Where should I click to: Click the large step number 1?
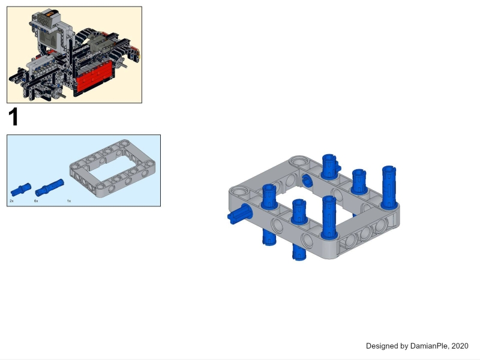point(13,117)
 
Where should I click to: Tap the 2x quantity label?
point(11,201)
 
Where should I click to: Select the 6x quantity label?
point(36,201)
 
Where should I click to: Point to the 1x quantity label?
point(69,201)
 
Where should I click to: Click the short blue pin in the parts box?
point(21,190)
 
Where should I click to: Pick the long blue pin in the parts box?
point(50,187)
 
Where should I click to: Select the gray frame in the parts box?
point(112,168)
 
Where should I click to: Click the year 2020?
point(460,346)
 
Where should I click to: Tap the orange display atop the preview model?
point(50,13)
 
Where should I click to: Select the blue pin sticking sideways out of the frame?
point(239,214)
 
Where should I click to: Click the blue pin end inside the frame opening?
point(307,180)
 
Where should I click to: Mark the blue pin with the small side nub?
point(331,166)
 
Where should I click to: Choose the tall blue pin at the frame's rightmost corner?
point(389,187)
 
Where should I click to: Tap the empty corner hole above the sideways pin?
point(239,192)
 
